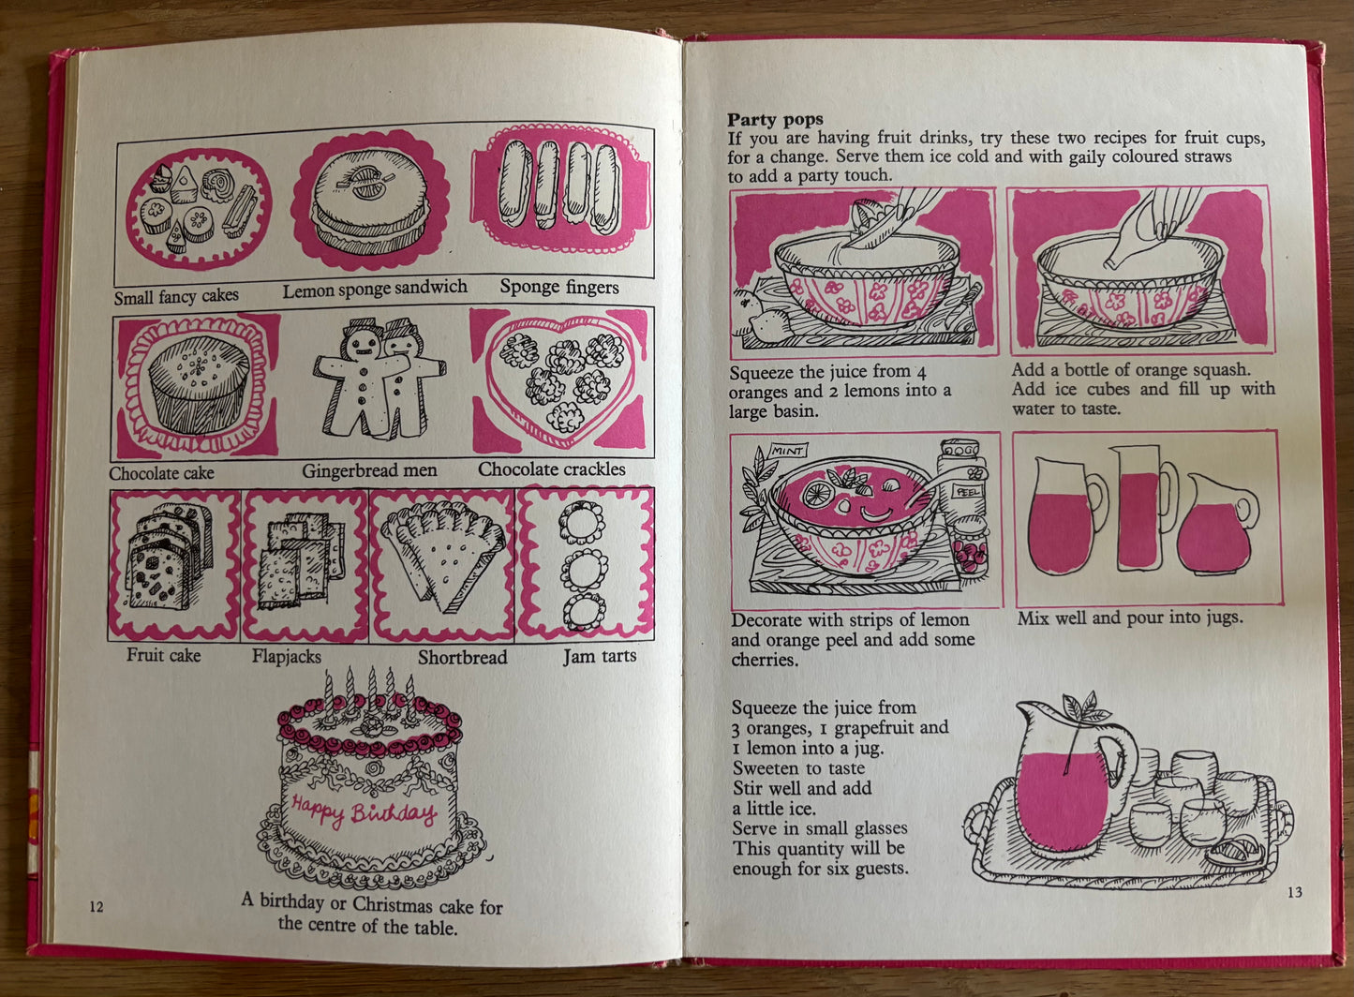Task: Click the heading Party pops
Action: coord(775,119)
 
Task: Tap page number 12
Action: coord(97,906)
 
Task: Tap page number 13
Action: coord(1295,892)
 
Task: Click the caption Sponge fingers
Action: coord(559,287)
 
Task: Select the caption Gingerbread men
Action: coord(369,470)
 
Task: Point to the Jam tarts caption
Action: coord(600,656)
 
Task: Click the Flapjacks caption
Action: coord(287,657)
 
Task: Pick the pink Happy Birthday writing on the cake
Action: coord(364,811)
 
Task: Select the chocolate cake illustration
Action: coord(199,384)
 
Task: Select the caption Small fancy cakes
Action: coord(176,297)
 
